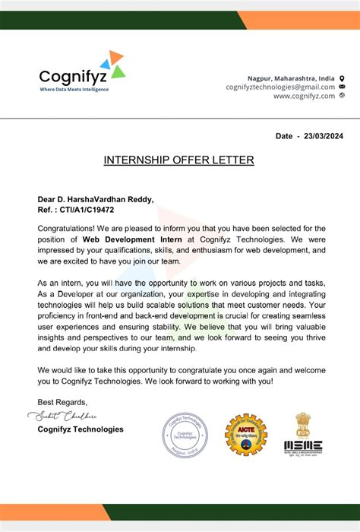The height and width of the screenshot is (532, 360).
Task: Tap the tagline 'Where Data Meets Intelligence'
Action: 74,90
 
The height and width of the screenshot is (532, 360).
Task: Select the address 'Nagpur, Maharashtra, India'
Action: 291,78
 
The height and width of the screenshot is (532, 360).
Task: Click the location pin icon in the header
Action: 342,78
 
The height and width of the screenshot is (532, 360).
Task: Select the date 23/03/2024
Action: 324,135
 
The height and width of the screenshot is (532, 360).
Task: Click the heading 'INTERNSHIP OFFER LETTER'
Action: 179,160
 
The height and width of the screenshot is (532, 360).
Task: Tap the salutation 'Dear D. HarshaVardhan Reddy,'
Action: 96,199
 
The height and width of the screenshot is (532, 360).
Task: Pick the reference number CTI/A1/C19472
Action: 87,209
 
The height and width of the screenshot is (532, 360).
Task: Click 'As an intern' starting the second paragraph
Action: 63,282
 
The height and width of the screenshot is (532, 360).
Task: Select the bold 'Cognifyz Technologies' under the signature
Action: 81,429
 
